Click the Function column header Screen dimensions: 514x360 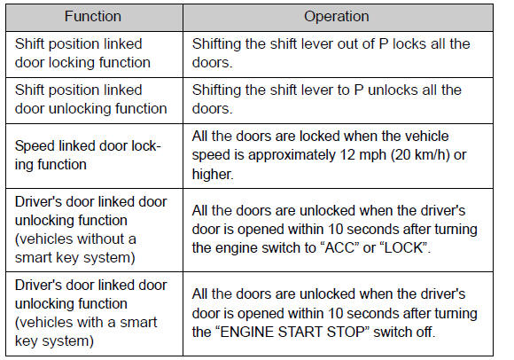(x=93, y=16)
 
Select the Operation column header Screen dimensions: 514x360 (x=337, y=16)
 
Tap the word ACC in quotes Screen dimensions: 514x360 (x=339, y=248)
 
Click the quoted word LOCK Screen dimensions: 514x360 (x=403, y=248)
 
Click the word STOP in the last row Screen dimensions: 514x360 (x=346, y=333)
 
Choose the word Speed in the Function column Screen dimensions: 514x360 (x=35, y=146)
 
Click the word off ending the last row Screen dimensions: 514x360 (x=425, y=333)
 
